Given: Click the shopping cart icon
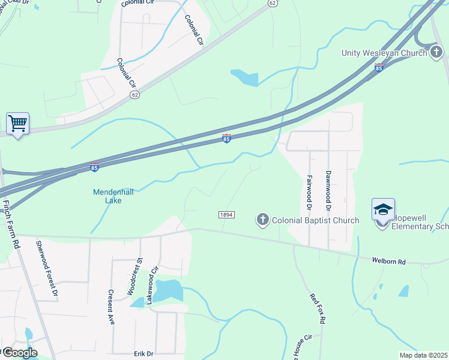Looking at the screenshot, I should (17, 124).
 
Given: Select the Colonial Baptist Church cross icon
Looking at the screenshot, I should (262, 220).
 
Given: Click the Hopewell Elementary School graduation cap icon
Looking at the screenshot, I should (383, 209).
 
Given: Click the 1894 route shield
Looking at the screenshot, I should (226, 214).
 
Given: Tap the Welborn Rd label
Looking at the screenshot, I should (389, 262).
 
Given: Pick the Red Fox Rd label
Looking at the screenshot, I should (317, 309).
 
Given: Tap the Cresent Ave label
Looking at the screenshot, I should (111, 307).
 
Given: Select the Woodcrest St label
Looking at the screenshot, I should (133, 277).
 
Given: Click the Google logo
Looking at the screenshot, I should (19, 353).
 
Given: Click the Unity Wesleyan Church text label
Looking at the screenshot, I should (385, 53).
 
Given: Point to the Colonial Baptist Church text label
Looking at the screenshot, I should (315, 220).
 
